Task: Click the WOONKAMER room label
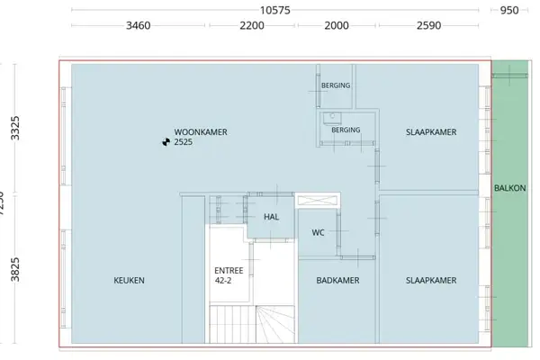tap(200, 131)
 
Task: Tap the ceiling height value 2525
tap(184, 142)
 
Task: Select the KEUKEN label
tap(129, 281)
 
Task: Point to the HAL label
tap(272, 217)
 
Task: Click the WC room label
tap(318, 232)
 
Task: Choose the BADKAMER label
tap(337, 281)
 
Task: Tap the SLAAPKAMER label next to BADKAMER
tap(431, 281)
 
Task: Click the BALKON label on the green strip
tap(509, 188)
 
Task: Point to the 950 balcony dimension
tap(509, 10)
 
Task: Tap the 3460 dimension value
tap(146, 26)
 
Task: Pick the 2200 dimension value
tap(252, 26)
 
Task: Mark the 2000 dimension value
tap(336, 26)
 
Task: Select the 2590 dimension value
tap(428, 26)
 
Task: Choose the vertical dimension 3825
tap(14, 267)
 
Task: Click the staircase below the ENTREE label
tap(252, 324)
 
